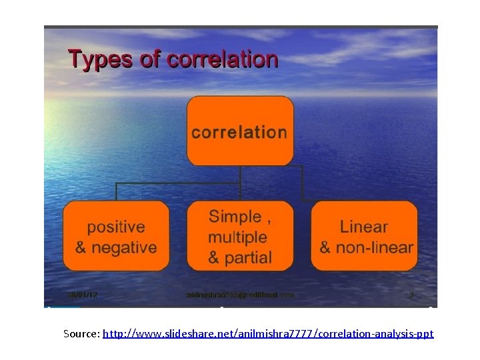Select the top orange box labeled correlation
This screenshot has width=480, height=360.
tap(240, 131)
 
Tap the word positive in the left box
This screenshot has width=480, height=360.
tap(116, 227)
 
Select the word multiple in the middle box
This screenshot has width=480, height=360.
tap(237, 237)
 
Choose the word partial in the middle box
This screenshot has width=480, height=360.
tap(249, 257)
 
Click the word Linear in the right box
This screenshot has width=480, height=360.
tap(364, 227)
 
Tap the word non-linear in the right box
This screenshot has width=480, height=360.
tap(376, 247)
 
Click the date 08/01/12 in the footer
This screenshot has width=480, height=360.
tap(82, 294)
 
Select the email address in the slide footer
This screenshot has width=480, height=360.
tap(240, 294)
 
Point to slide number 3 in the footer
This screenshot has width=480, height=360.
tap(411, 294)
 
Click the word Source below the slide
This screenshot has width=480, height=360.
tap(81, 333)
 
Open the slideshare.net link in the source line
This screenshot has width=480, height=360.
tap(268, 333)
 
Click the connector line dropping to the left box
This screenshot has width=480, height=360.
tap(117, 191)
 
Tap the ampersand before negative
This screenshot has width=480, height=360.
tap(81, 247)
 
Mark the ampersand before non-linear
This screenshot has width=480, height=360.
tap(326, 247)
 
